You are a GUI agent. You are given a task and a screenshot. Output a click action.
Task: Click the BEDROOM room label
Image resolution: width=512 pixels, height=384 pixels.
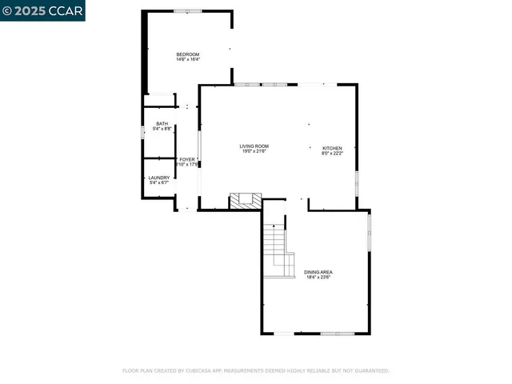(188, 54)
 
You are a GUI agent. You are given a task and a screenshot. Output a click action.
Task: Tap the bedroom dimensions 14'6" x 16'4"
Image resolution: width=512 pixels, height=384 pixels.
(188, 59)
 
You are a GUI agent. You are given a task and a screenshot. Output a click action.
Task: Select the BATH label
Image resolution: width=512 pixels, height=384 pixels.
(162, 123)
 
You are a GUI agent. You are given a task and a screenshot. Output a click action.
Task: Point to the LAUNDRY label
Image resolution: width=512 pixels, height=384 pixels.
(158, 178)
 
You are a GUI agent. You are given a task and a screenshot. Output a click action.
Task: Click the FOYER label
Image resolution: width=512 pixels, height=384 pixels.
(186, 159)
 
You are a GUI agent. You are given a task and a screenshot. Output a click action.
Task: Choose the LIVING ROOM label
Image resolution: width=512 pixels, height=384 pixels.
(254, 146)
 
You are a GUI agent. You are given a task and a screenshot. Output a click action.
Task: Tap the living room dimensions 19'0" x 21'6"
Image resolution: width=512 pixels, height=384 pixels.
(254, 151)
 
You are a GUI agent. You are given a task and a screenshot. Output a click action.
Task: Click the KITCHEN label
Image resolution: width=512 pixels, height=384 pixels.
(332, 148)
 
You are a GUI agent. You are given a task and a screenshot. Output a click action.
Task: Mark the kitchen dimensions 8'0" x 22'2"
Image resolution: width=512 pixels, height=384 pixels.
(332, 154)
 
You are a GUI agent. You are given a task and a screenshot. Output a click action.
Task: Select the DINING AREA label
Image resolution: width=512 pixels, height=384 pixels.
(318, 272)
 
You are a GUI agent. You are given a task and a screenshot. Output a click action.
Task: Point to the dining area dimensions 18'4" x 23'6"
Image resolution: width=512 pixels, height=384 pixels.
(318, 278)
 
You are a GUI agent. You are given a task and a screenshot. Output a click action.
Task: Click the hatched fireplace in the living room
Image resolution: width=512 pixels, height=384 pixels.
(245, 201)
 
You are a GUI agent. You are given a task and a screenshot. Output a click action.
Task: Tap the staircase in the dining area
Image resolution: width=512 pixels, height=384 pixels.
(277, 248)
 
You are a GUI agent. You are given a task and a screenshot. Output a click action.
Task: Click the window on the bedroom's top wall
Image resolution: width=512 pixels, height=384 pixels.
(188, 10)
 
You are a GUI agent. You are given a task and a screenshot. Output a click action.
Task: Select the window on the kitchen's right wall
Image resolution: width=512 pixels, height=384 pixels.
(357, 182)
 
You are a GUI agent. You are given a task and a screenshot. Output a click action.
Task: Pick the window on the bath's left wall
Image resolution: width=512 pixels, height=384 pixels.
(142, 132)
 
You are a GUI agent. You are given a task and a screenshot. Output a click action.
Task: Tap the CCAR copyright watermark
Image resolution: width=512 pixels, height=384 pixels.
(42, 10)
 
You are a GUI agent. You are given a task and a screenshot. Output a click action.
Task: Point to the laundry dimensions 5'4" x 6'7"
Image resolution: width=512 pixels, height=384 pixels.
(158, 183)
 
